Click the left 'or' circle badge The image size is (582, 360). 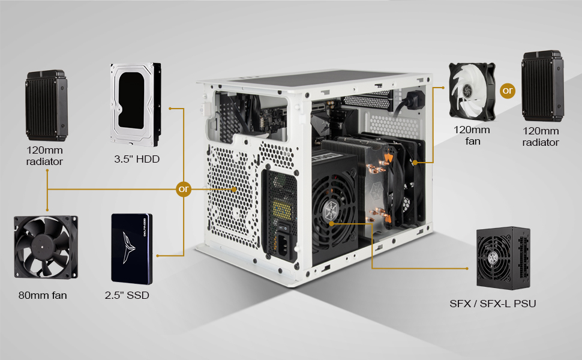(184, 189)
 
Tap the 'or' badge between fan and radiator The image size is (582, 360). (508, 91)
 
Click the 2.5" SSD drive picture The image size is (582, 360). (132, 249)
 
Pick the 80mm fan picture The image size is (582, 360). (46, 249)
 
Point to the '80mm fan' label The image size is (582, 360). (42, 295)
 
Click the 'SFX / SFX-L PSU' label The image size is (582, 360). (493, 304)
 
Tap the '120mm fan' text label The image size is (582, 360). (472, 136)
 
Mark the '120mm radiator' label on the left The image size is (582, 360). (44, 156)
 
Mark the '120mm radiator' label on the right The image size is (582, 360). (541, 137)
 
